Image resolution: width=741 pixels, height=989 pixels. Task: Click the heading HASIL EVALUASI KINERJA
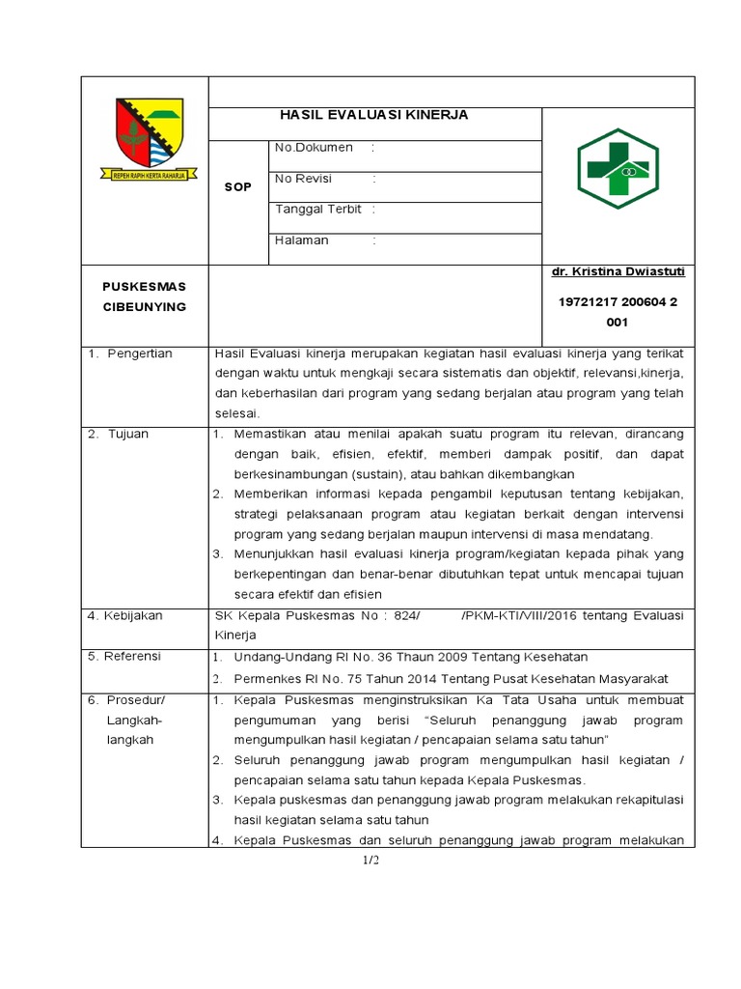pos(373,115)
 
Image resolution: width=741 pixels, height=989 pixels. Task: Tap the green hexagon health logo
pos(617,169)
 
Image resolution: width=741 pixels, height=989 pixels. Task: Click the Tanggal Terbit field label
pos(317,209)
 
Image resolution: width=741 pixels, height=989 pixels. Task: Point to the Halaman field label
pos(301,240)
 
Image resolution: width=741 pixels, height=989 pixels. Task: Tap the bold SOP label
pos(237,186)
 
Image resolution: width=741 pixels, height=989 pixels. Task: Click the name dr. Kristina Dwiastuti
pos(617,273)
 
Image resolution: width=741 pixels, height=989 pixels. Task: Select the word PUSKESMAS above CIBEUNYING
pos(144,286)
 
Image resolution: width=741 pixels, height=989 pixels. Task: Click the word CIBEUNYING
pos(144,306)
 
